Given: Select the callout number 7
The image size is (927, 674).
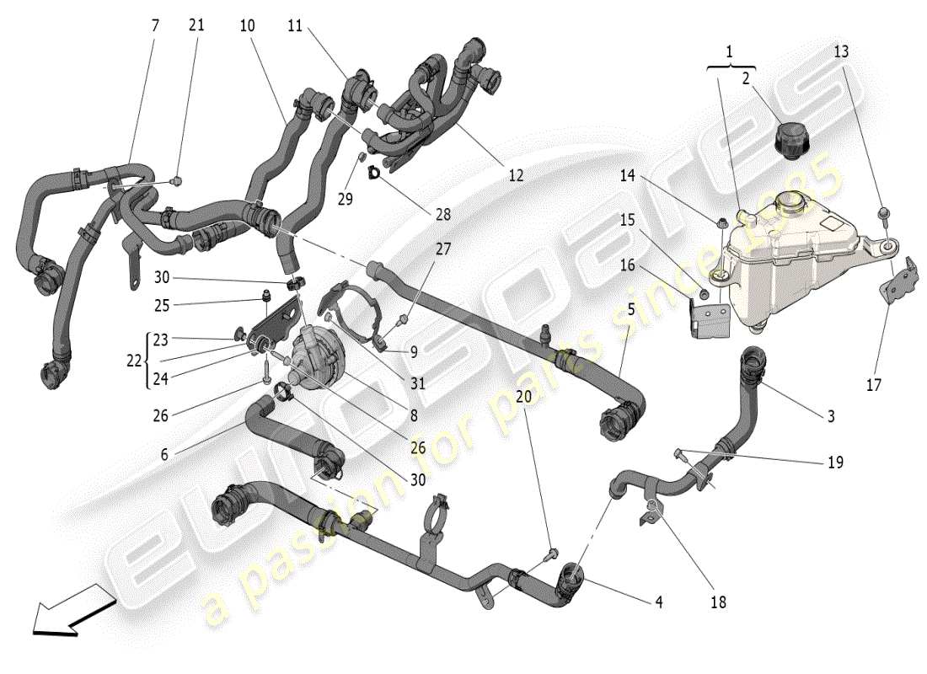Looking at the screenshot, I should (x=154, y=26).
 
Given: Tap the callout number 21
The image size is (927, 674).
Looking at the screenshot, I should (x=196, y=26).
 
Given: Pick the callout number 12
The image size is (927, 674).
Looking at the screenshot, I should (x=516, y=175).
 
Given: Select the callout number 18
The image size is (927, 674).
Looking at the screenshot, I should (x=718, y=602).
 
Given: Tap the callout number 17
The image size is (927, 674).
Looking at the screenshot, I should (x=874, y=385).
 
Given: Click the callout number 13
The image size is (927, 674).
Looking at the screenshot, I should (x=842, y=51).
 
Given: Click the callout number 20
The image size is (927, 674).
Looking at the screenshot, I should (x=523, y=396).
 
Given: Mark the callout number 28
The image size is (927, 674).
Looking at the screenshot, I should (x=442, y=215).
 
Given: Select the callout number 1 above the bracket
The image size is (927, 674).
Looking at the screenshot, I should (x=730, y=51).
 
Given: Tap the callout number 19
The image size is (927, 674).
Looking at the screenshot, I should (x=835, y=462).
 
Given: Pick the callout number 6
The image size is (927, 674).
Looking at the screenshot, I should (x=164, y=453).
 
